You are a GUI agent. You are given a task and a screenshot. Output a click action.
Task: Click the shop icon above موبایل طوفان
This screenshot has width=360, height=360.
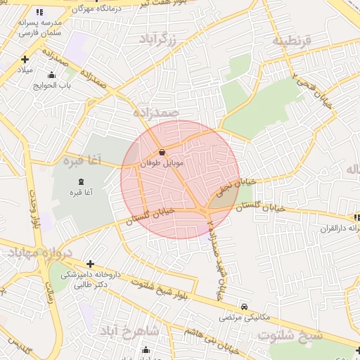pos(162,151)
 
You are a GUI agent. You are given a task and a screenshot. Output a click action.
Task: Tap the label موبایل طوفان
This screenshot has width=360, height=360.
pos(162,162)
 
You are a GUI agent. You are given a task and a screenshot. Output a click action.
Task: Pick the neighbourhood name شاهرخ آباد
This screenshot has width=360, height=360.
pos(130,330)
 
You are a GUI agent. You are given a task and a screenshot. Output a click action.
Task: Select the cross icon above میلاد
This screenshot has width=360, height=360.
pos(25,60)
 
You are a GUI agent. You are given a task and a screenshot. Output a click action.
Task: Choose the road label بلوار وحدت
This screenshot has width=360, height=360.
pos(33,204)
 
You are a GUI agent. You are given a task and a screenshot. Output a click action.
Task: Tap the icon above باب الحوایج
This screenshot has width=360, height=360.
pos(50,75)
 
